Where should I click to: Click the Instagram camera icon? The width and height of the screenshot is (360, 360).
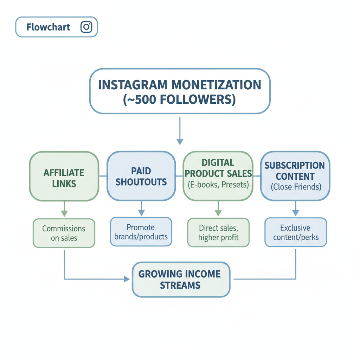tap(86, 27)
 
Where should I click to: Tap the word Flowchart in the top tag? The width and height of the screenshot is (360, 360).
tap(49, 27)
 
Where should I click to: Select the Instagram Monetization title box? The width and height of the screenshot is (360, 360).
tap(180, 91)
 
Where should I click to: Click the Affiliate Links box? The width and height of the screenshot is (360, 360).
tap(64, 177)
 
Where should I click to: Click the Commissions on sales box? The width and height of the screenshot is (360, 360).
tap(64, 233)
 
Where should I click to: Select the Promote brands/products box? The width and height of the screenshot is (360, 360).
tap(141, 232)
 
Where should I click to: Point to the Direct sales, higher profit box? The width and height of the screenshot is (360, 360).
tap(218, 232)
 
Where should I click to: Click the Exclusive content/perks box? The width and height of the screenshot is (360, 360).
tap(296, 232)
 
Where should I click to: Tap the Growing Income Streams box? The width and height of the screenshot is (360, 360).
tap(181, 279)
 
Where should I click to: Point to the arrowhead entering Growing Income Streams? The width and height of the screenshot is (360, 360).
tap(127, 279)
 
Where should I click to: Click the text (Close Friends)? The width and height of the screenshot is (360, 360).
tap(296, 187)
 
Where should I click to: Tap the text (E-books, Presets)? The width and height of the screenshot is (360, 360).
tap(218, 184)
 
